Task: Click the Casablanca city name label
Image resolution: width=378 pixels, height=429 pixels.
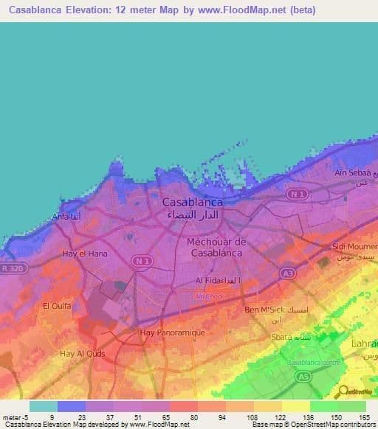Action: pos(192,200)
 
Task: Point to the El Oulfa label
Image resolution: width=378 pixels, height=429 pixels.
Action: pos(56,305)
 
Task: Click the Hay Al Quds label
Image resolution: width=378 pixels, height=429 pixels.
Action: pos(81,353)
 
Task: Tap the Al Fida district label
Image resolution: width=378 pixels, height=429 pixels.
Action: pos(216,281)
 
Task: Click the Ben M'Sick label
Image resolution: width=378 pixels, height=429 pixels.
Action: pos(265,309)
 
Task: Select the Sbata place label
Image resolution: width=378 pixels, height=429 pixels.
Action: pos(283,336)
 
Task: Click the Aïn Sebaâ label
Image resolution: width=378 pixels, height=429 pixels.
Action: pos(350,171)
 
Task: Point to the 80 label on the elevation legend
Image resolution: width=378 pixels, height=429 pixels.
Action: pos(194,417)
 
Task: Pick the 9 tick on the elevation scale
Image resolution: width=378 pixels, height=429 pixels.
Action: pos(52,417)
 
